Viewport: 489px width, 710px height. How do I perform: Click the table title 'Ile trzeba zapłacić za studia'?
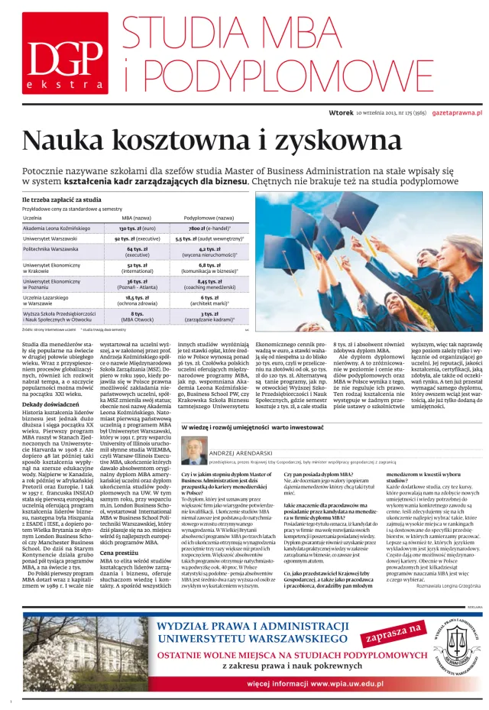coord(61,199)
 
